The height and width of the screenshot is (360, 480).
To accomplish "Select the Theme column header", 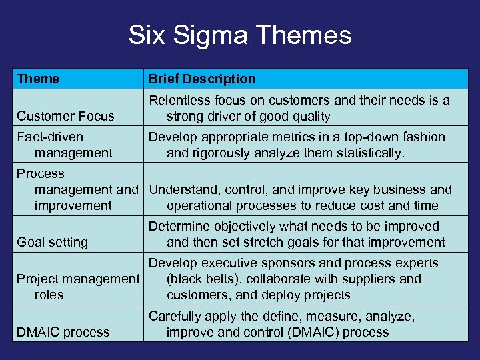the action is coord(38,79).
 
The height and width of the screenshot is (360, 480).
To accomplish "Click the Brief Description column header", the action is coord(202,79).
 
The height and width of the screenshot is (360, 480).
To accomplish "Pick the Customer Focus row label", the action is coord(65,116).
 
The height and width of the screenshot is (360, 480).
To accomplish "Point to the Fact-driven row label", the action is coord(50,137).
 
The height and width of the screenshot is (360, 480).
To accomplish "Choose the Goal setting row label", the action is coord(52,242).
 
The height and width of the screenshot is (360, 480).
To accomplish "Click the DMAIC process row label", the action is coord(63,331).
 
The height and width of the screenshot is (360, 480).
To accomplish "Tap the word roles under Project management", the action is coord(49,295).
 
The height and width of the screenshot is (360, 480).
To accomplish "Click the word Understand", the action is coord(182,189).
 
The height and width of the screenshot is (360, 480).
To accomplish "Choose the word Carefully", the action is coord(175,315).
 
